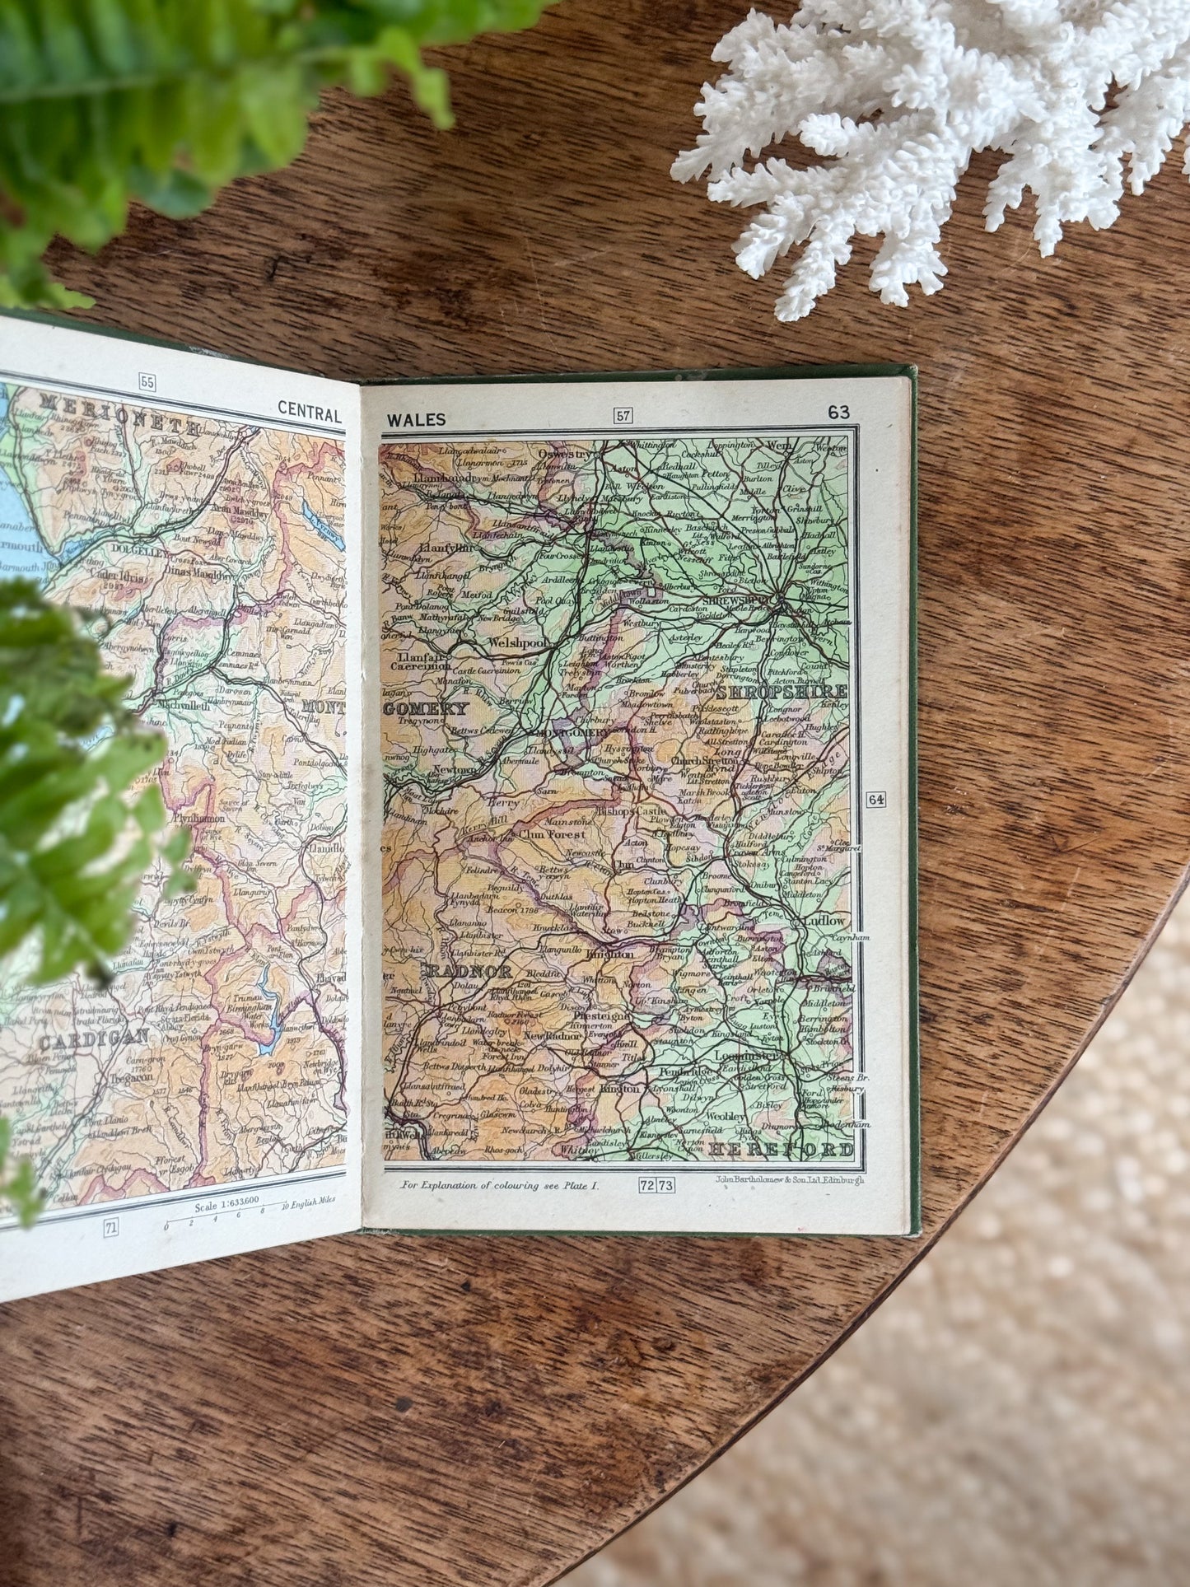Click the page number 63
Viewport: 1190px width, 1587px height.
(x=838, y=413)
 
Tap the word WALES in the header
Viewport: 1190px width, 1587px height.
(x=416, y=420)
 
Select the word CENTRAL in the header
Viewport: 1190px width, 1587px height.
(x=310, y=409)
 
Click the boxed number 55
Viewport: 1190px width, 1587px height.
(x=147, y=381)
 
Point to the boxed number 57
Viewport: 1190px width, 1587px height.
(x=623, y=415)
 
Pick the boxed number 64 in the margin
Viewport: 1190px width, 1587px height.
(x=875, y=799)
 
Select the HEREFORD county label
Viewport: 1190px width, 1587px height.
(x=781, y=1149)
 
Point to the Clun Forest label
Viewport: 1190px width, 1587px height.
(x=553, y=833)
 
